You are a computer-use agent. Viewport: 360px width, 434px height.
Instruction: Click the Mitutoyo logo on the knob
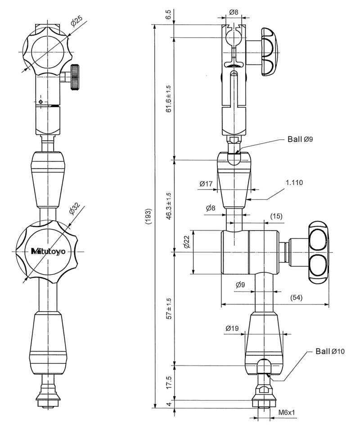tap(48, 251)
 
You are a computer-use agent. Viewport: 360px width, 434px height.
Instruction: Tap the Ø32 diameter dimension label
tap(74, 208)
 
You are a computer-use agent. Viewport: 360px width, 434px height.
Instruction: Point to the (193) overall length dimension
tap(148, 216)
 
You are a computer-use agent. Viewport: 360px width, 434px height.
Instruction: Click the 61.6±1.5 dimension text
tap(168, 98)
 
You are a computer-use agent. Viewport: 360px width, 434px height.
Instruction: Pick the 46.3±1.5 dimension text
tap(168, 206)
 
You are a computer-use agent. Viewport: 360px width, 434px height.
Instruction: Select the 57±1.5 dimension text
tap(168, 308)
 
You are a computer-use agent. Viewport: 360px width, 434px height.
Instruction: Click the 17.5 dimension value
tap(169, 383)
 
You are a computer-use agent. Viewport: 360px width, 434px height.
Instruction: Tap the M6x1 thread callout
tap(286, 412)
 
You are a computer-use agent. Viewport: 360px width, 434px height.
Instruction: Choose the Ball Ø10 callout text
tap(330, 352)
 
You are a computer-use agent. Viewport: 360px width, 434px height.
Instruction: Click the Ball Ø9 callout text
tap(300, 139)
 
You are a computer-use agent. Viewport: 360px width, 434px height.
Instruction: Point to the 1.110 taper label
tap(294, 183)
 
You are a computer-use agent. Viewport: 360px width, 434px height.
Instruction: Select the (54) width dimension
tap(296, 298)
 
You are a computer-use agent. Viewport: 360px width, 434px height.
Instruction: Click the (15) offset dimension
tap(276, 216)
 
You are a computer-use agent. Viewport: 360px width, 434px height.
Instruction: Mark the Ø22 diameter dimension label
tap(187, 242)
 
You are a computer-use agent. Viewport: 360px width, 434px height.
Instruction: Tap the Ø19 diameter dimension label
tap(232, 328)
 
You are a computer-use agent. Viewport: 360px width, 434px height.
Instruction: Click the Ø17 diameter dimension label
tap(206, 184)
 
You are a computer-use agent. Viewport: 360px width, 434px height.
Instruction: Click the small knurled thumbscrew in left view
tap(75, 77)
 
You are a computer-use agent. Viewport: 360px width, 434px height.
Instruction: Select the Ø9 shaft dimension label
tap(240, 285)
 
